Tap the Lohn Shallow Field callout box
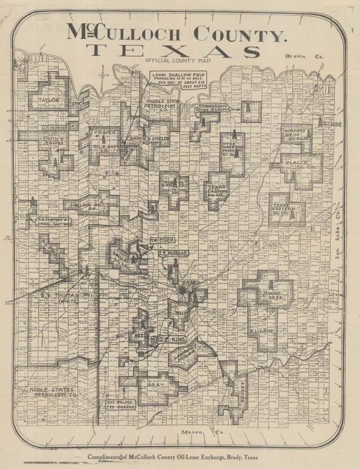(171, 81)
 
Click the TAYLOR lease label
(49, 100)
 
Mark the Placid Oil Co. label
(298, 164)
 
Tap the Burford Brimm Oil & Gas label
(298, 135)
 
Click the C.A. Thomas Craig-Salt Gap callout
(55, 222)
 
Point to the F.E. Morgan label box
(174, 253)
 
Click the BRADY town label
(190, 282)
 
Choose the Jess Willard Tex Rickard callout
(120, 404)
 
